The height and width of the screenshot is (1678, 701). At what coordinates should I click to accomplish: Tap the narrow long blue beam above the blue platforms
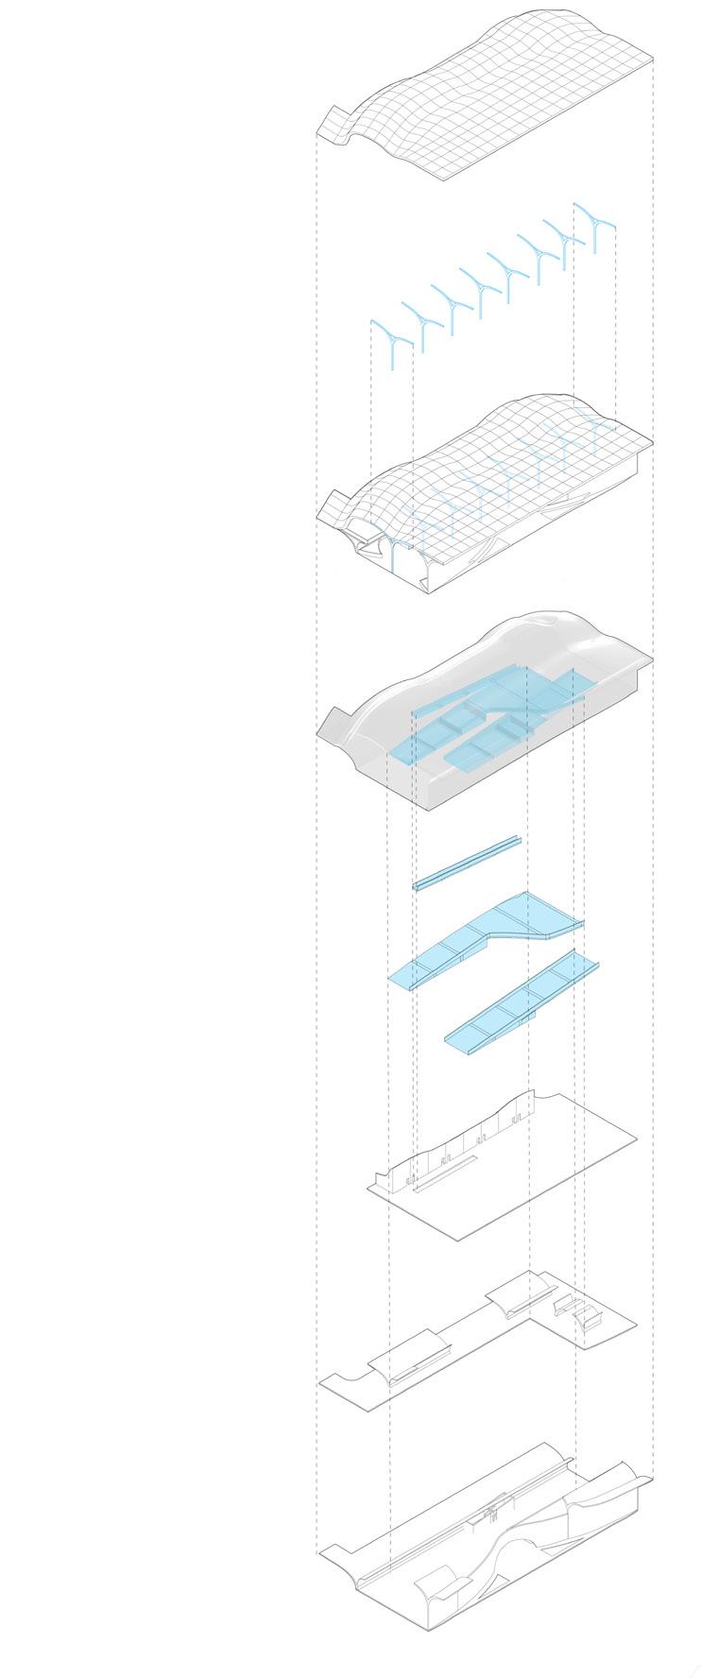pos(467,863)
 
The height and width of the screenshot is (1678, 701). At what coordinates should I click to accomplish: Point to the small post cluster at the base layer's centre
pos(491,1511)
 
